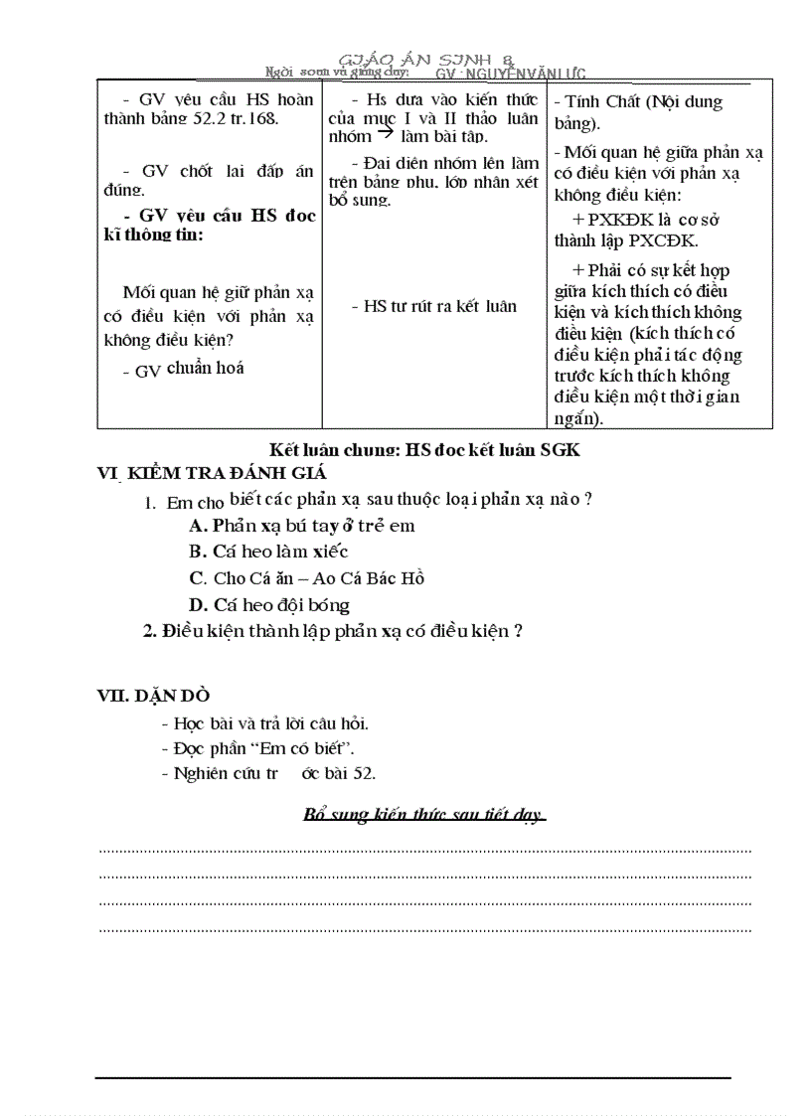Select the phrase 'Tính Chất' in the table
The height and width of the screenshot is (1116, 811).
[x=602, y=101]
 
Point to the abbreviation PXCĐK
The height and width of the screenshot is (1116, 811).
[x=663, y=240]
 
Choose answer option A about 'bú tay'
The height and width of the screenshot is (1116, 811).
[x=302, y=526]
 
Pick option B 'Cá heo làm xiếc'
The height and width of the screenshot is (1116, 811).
[x=268, y=552]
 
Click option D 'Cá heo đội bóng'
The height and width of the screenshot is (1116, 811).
[x=269, y=604]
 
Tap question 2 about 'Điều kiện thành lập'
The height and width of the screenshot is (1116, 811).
[x=333, y=630]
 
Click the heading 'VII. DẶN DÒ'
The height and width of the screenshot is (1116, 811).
[x=153, y=696]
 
